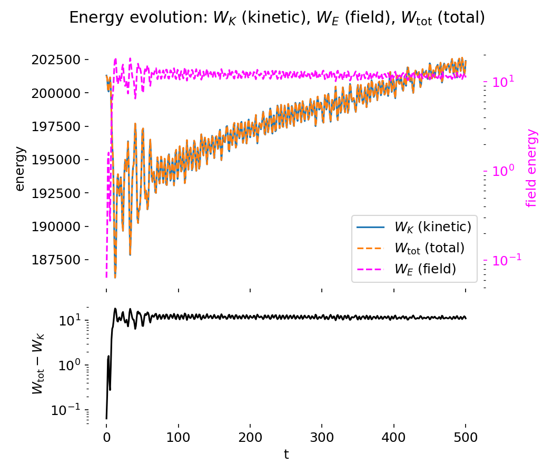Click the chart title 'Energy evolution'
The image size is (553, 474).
pyautogui.click(x=277, y=18)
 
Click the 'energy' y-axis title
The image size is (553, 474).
pyautogui.click(x=20, y=169)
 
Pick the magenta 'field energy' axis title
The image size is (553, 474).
pyautogui.click(x=532, y=167)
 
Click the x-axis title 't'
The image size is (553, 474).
pyautogui.click(x=286, y=455)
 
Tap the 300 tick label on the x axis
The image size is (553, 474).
pyautogui.click(x=322, y=437)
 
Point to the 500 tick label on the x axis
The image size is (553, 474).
pyautogui.click(x=466, y=437)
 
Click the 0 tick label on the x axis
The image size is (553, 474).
pyautogui.click(x=106, y=437)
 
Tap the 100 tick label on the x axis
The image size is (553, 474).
pyautogui.click(x=178, y=437)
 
